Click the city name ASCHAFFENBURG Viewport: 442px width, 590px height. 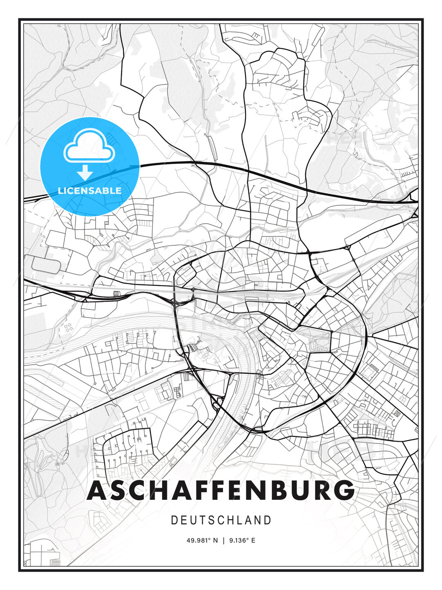pos(221,490)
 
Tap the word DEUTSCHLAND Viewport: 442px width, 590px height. pos(221,520)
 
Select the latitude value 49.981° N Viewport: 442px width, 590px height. pos(202,540)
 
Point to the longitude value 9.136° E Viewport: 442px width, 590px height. pos(242,540)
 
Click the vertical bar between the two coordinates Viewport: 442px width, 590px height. pos(223,540)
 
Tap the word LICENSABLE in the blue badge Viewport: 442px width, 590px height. pos(90,191)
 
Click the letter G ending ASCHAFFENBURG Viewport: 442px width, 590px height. pos(344,490)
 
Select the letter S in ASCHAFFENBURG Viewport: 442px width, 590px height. pos(117,490)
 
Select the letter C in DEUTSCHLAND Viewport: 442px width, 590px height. pos(221,520)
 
